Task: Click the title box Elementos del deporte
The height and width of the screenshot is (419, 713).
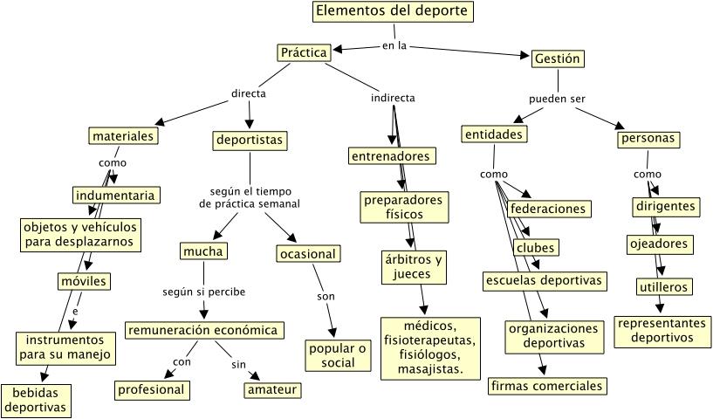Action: point(394,12)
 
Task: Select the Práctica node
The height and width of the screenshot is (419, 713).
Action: point(304,53)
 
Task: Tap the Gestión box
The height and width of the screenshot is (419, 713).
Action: point(557,58)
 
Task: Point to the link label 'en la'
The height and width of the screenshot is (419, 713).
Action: point(395,45)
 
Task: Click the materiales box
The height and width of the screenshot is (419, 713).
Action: point(123,136)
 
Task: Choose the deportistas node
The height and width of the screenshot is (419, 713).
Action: point(250,140)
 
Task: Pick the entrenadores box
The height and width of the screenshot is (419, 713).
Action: point(392,156)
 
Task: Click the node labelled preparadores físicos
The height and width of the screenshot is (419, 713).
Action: point(403,208)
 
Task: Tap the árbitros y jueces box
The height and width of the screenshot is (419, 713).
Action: point(414,267)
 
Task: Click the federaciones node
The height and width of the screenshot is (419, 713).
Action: point(548,209)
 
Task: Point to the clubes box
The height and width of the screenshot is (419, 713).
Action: point(535,248)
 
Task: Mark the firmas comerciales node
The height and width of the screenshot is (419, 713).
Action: point(546,386)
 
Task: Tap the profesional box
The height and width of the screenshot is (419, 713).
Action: point(153,389)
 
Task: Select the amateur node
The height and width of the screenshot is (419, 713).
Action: point(271,389)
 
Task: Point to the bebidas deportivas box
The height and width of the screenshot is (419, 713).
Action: point(34,400)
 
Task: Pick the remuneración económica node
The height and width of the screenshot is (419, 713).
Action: point(205,330)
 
